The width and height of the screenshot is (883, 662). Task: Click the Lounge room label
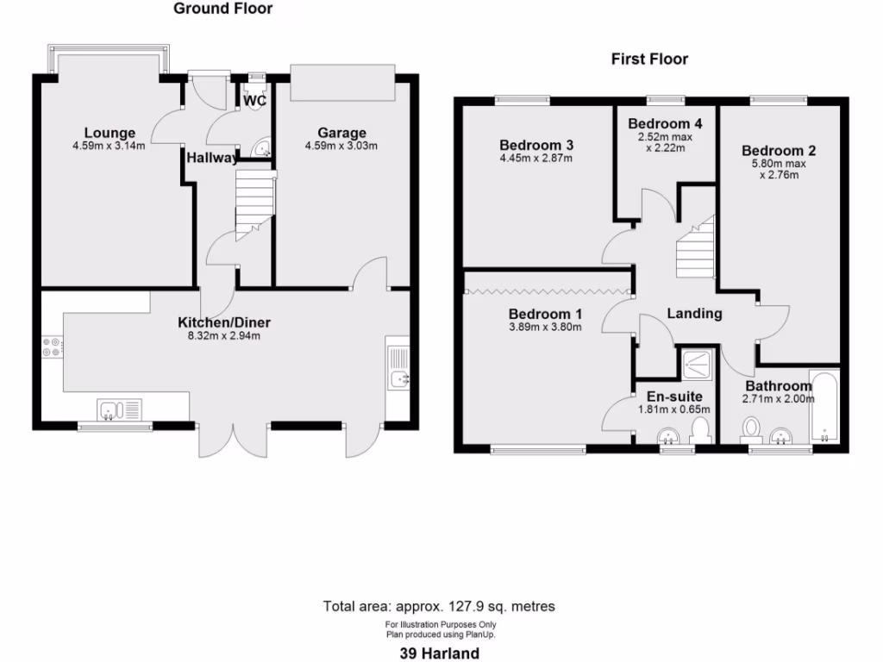pyautogui.click(x=110, y=133)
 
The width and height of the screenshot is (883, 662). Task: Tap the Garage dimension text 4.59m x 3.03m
pyautogui.click(x=341, y=146)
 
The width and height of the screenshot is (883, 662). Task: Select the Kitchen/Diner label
pyautogui.click(x=224, y=322)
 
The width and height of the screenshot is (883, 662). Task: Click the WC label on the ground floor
pyautogui.click(x=254, y=101)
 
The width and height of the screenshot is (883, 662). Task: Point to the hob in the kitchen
pyautogui.click(x=51, y=347)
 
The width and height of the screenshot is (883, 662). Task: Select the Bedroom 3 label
pyautogui.click(x=536, y=145)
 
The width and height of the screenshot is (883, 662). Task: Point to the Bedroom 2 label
pyautogui.click(x=779, y=150)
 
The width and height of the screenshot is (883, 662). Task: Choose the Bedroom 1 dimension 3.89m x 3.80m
pyautogui.click(x=545, y=327)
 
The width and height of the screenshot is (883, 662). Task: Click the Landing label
pyautogui.click(x=694, y=314)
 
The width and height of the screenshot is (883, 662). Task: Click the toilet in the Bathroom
pyautogui.click(x=752, y=428)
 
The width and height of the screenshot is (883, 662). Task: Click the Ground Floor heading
pyautogui.click(x=222, y=9)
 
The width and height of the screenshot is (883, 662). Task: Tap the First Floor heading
pyautogui.click(x=649, y=59)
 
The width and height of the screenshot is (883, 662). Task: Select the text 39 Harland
pyautogui.click(x=440, y=653)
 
